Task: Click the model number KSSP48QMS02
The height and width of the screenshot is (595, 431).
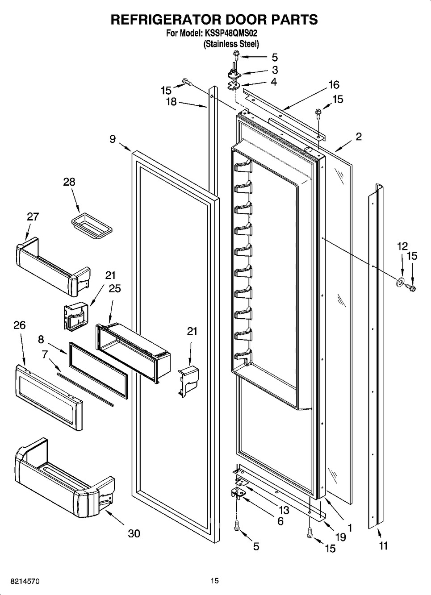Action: tap(231, 33)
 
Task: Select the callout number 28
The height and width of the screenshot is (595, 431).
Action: tap(69, 182)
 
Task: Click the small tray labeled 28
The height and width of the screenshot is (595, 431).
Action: tap(92, 226)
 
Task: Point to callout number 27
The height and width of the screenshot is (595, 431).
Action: tap(33, 217)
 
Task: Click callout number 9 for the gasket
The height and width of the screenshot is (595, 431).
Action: tap(113, 139)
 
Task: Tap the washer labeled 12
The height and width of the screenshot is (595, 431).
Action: tap(399, 283)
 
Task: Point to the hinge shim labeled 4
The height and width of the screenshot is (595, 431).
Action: tap(233, 86)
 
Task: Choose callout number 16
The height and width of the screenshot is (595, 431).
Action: tap(334, 85)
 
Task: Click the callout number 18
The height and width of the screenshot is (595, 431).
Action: tap(172, 101)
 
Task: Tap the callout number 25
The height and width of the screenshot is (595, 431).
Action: tap(115, 288)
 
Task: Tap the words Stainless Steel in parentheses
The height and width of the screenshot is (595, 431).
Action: tap(231, 44)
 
